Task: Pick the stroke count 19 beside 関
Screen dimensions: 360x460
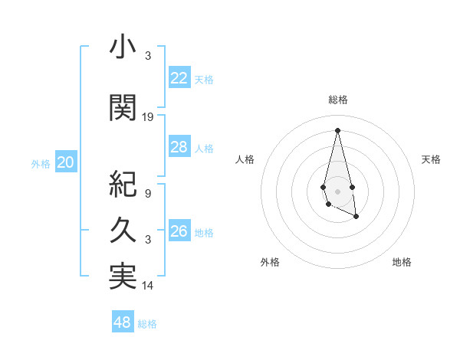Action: point(148,117)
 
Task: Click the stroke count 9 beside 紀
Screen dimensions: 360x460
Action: point(148,194)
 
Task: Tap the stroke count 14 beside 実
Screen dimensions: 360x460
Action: point(148,286)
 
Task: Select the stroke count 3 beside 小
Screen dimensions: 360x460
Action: point(148,56)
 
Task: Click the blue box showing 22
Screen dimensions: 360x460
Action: point(179,78)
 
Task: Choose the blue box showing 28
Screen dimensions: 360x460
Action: point(179,147)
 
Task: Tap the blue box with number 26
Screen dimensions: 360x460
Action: point(179,231)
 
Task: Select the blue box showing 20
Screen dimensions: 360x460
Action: point(66,162)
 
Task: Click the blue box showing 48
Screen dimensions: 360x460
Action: point(123,322)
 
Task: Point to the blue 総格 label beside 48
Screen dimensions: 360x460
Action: point(148,324)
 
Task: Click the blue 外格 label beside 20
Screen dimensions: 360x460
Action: point(41,164)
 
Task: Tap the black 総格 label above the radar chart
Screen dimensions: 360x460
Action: point(338,100)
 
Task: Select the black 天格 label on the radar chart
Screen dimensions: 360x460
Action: point(432,159)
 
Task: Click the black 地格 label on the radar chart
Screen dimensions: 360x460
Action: point(402,262)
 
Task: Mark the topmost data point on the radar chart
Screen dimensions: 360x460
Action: point(338,130)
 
